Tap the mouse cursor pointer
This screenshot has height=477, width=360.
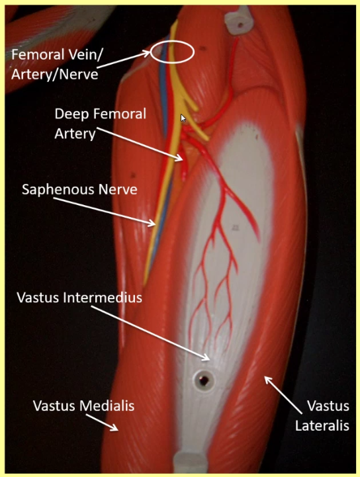[x=183, y=118]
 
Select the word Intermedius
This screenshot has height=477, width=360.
[x=103, y=298]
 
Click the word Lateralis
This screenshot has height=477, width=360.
[x=322, y=425]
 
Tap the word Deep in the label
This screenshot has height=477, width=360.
[x=72, y=114]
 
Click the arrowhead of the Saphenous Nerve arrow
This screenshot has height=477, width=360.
[x=153, y=224]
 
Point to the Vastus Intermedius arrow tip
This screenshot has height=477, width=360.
[x=208, y=358]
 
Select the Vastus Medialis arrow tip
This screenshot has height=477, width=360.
[x=116, y=429]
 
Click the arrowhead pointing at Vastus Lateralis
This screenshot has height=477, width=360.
[x=266, y=378]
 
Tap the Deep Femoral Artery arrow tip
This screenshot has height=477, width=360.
[x=181, y=158]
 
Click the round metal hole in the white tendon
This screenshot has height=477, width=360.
[x=203, y=380]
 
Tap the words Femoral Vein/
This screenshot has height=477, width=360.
[x=57, y=55]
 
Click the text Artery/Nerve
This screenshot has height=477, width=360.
[x=55, y=75]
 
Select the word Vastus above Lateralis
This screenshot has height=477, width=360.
[x=328, y=406]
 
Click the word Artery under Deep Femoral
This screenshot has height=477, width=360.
[x=75, y=134]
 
